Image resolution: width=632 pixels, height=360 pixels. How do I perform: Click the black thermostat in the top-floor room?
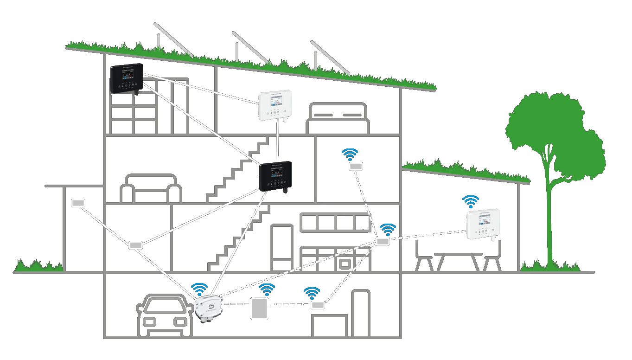[126, 78]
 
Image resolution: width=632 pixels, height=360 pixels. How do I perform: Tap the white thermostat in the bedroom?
[275, 105]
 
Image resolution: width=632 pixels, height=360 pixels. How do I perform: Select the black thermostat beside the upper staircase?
[275, 176]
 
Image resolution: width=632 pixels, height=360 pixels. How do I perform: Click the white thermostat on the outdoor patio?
[483, 224]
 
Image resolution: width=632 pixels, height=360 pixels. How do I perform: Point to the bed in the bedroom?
[338, 119]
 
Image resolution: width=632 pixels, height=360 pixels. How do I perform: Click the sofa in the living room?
[151, 189]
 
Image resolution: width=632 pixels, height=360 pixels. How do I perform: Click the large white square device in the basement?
[260, 309]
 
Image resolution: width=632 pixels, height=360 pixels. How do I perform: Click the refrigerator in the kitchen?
[282, 248]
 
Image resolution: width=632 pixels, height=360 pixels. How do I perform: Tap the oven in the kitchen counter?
[345, 264]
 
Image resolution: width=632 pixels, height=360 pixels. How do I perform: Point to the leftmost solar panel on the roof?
[172, 39]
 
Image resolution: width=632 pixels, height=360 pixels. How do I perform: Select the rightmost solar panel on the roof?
[329, 57]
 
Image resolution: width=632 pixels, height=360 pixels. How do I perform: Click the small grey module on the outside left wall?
[78, 203]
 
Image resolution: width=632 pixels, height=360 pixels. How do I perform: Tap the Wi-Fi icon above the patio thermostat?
[471, 201]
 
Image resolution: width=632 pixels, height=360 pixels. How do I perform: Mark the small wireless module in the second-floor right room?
[356, 166]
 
